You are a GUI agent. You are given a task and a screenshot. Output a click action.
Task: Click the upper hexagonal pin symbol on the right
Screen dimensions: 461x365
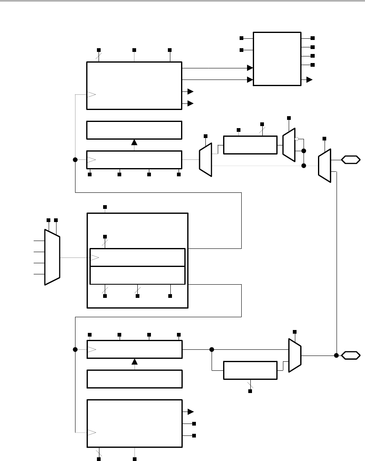click(351, 159)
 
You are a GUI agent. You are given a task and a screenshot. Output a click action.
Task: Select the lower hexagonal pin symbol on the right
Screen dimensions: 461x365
click(351, 355)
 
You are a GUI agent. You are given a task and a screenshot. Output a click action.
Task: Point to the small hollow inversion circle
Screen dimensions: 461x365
click(296, 139)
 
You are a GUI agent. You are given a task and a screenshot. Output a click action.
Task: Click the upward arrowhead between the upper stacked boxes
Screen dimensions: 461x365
click(134, 143)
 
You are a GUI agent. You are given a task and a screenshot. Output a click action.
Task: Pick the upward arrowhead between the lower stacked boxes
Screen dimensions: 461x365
click(134, 362)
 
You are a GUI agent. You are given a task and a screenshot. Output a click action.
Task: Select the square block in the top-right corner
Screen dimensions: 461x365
click(277, 59)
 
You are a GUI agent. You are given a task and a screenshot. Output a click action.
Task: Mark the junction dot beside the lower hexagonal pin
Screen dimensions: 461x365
click(337, 355)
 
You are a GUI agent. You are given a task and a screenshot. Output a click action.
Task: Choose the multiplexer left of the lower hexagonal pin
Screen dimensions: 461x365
click(294, 356)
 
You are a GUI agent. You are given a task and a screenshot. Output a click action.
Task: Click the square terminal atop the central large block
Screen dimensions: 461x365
click(105, 207)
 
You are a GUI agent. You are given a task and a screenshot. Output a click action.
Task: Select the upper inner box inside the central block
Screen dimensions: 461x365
click(137, 257)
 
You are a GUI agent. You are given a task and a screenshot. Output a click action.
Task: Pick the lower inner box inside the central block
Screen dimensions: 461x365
click(137, 275)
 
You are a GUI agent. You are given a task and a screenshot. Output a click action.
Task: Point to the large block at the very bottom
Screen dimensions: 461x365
click(134, 423)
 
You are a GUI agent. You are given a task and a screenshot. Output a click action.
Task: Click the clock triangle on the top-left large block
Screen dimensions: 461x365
click(91, 94)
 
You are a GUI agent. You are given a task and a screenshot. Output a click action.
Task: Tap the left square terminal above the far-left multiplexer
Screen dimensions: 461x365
click(48, 220)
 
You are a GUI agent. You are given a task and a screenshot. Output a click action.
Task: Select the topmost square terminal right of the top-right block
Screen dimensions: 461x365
click(313, 38)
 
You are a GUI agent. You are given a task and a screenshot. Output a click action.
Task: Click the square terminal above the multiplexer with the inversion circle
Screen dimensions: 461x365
click(289, 118)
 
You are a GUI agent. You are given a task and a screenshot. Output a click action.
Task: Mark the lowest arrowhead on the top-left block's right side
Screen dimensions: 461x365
click(191, 103)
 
